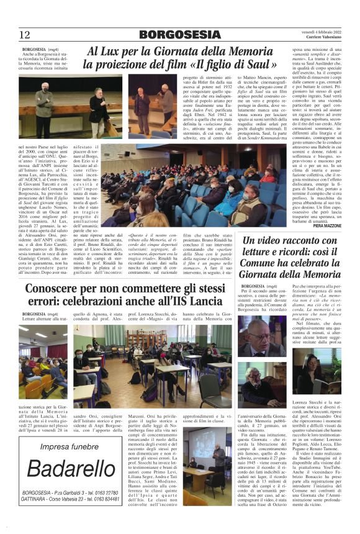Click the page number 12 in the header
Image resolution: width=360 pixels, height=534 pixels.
tap(25, 34)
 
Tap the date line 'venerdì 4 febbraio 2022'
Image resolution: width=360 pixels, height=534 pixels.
tap(315, 30)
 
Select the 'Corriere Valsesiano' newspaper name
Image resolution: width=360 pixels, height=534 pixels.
tap(318, 38)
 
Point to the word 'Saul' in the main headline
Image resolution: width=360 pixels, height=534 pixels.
tap(261, 64)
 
